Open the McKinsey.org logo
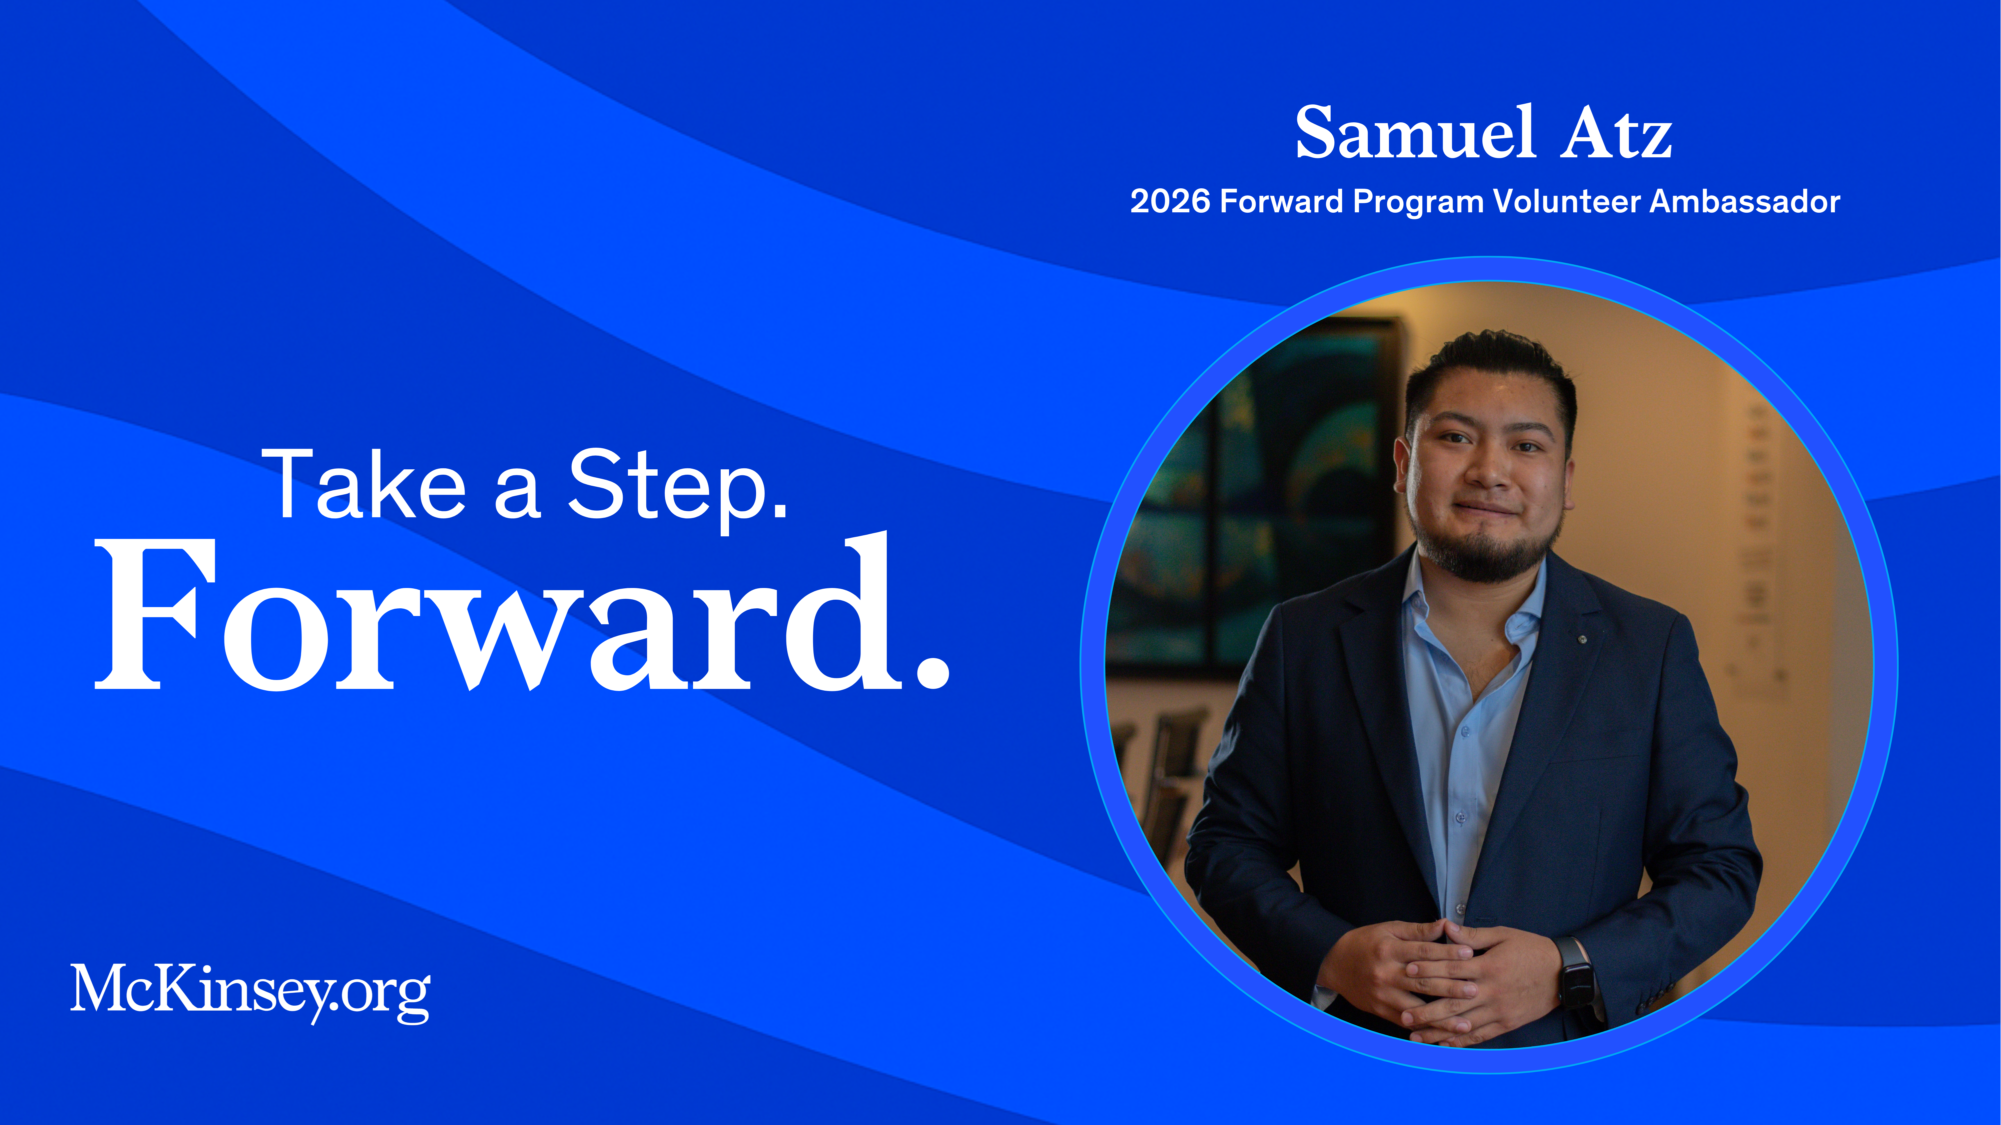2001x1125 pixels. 250,994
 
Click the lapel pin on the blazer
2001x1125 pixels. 1582,640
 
